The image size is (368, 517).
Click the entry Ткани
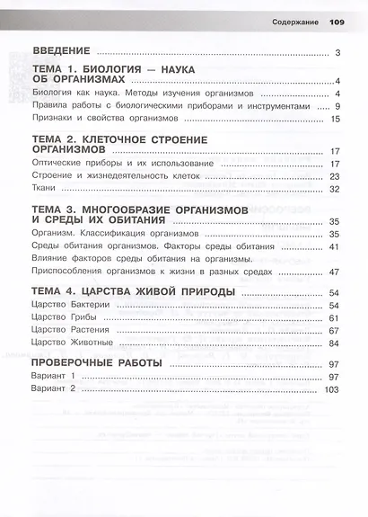[x=45, y=190]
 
